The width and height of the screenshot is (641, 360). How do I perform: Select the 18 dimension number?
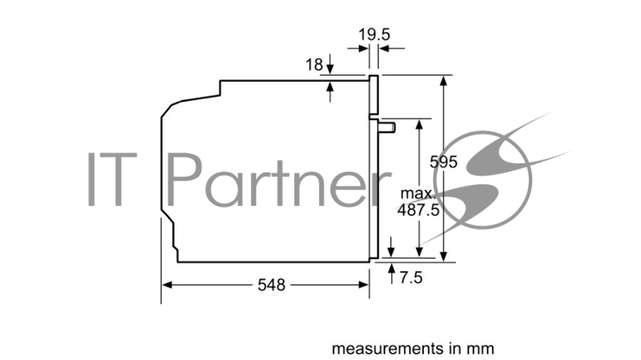coord(316,64)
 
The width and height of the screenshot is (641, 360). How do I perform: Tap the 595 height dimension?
coord(443,162)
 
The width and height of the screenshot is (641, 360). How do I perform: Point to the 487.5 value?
coord(418,210)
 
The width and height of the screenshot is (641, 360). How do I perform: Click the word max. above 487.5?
coord(418,194)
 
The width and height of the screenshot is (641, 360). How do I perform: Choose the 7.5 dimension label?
coord(411,277)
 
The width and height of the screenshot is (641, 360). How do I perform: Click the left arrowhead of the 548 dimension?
coord(167,285)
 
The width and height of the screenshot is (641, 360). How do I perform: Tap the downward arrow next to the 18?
coord(331,70)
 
